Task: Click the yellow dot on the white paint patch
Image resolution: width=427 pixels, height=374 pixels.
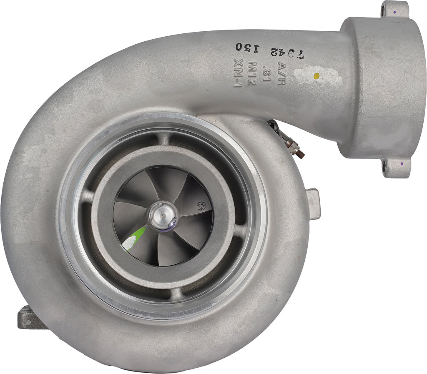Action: [316, 76]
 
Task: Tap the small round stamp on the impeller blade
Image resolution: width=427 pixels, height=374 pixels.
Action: [201, 206]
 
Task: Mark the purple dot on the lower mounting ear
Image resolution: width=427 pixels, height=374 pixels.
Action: [401, 164]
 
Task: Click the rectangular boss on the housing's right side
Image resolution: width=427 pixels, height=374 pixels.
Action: [313, 204]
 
